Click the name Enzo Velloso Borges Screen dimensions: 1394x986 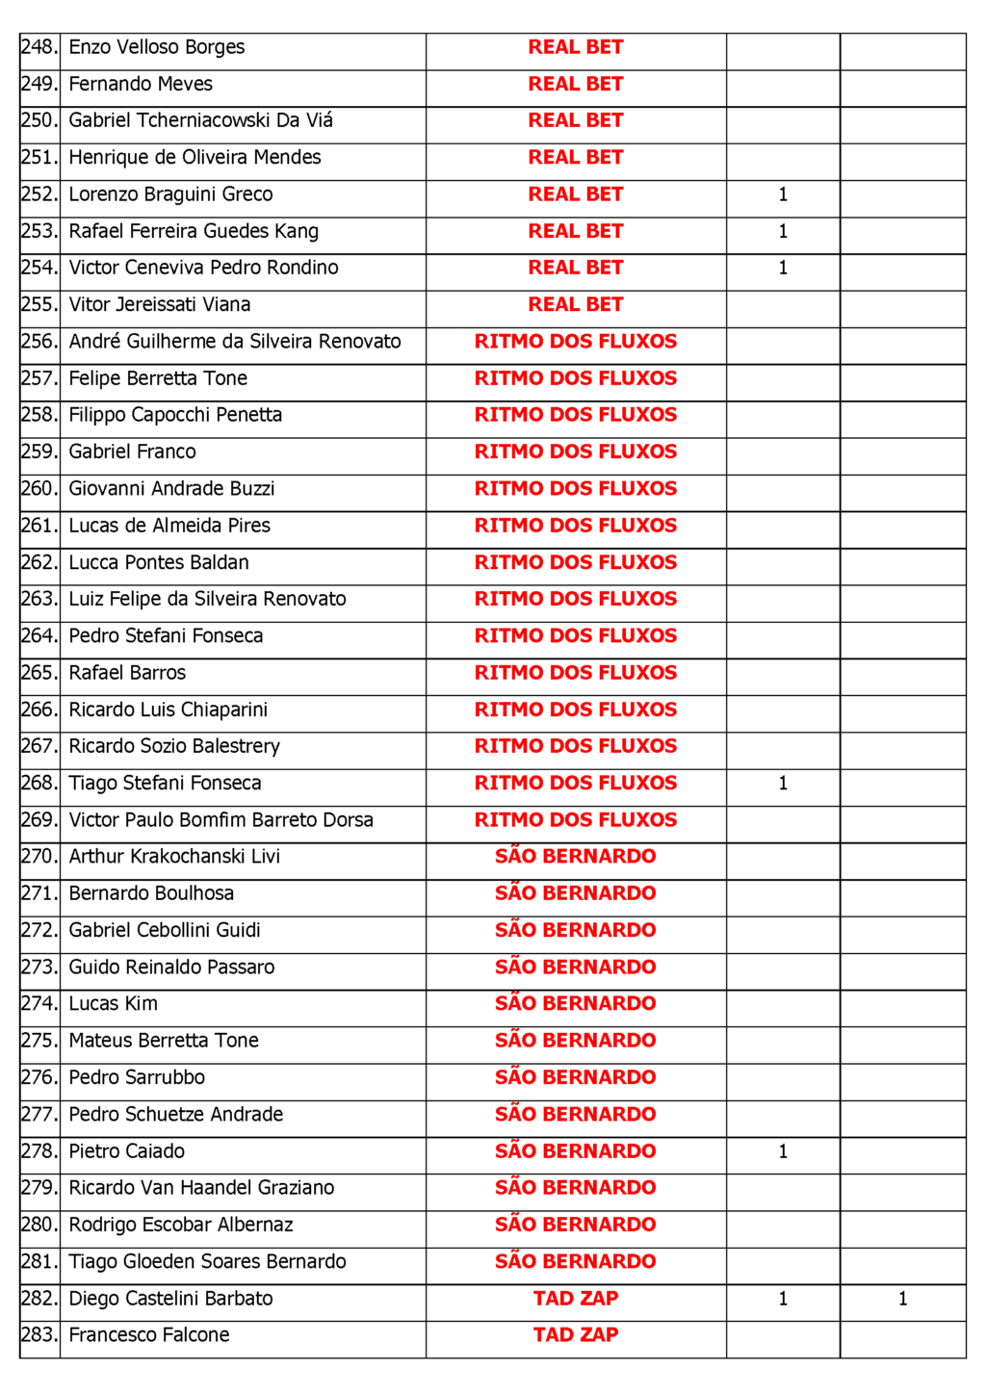click(x=156, y=47)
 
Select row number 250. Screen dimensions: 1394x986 click(x=39, y=120)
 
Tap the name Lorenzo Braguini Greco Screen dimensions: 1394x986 click(x=170, y=194)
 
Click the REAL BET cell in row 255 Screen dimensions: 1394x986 click(x=575, y=304)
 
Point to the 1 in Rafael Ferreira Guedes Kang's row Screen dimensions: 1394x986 click(x=783, y=231)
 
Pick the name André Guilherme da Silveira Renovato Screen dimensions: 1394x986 click(x=234, y=342)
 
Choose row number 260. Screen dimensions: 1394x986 click(x=39, y=489)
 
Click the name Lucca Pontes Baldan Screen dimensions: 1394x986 click(x=159, y=562)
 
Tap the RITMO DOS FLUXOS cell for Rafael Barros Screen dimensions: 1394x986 click(x=575, y=673)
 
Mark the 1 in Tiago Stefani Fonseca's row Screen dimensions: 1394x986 click(x=783, y=784)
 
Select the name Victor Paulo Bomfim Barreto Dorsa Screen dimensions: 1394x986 click(x=221, y=820)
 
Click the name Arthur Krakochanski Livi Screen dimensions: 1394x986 click(x=174, y=857)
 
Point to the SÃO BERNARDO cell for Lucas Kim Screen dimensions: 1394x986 click(x=575, y=1003)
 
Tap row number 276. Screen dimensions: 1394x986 click(x=39, y=1077)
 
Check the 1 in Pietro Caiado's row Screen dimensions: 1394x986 click(x=783, y=1151)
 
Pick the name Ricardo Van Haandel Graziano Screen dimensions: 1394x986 click(x=201, y=1188)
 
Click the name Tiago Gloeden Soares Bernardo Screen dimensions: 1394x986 click(x=207, y=1261)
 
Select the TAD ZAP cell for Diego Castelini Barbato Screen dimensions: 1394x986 click(x=575, y=1299)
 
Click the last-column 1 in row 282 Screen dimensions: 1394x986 click(x=902, y=1299)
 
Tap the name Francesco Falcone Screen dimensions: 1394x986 click(x=148, y=1335)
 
